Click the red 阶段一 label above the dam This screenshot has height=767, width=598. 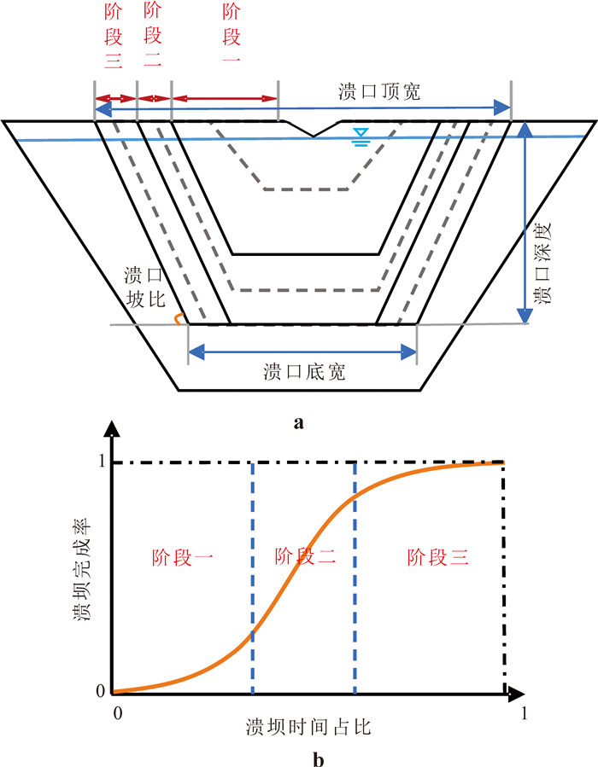tap(230, 36)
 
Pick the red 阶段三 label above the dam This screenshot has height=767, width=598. tap(113, 36)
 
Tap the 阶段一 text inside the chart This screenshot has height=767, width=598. tap(181, 557)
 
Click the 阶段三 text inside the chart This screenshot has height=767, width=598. tap(437, 557)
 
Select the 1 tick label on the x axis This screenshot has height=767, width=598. tap(525, 712)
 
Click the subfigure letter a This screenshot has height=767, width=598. tap(298, 422)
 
